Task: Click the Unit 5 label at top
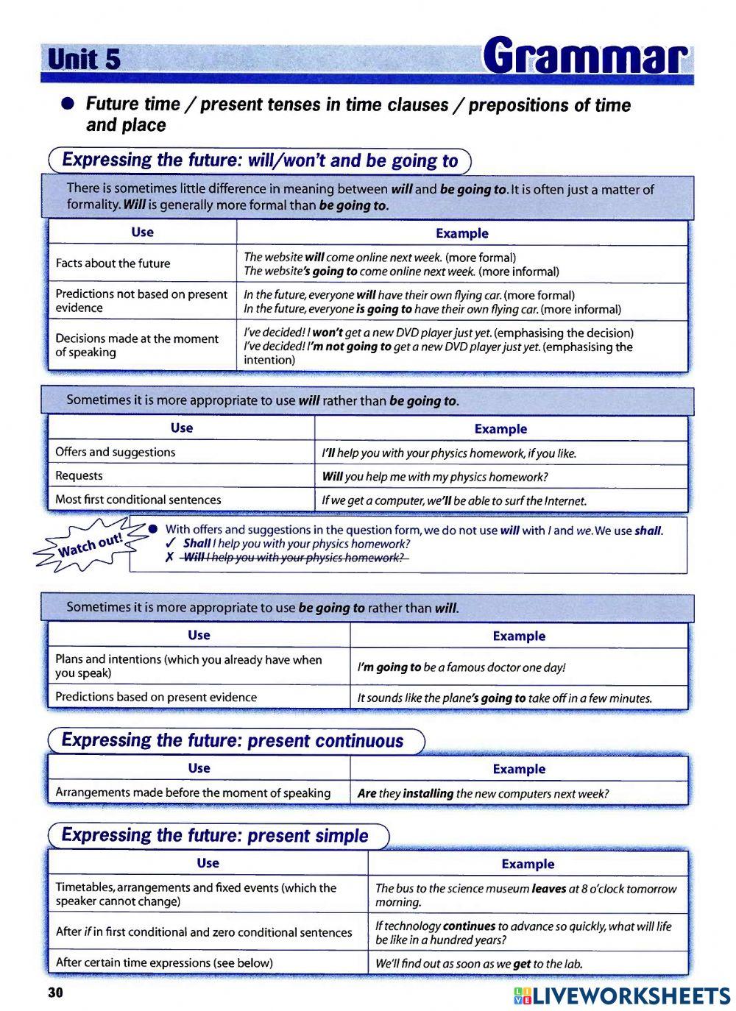tap(83, 59)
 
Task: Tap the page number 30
tap(56, 993)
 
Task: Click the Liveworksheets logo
tap(622, 995)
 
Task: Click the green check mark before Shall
tap(170, 544)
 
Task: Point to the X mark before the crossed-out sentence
tap(169, 558)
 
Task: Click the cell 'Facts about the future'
tap(113, 263)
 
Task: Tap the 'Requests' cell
tap(79, 476)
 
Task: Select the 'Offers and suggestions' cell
tap(116, 453)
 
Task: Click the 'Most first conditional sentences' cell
tap(138, 500)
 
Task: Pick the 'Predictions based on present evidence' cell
tap(156, 697)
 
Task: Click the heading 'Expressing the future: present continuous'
tap(233, 741)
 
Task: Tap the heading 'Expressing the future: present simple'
tap(215, 835)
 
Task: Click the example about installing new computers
tap(483, 793)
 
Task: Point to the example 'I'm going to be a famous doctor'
tap(461, 667)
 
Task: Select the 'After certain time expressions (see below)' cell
tap(164, 962)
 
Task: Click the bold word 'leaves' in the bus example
tap(548, 889)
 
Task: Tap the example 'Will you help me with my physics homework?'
tap(435, 477)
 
